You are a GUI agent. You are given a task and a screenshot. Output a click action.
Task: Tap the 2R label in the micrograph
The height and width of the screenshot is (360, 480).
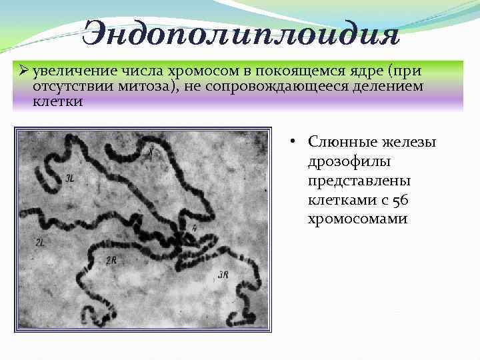coord(111,261)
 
